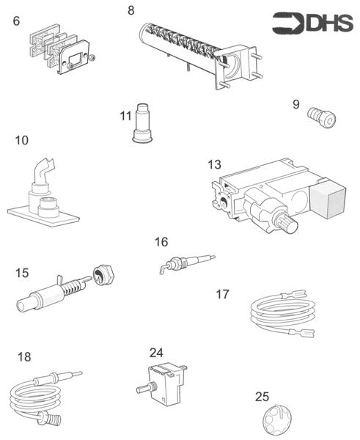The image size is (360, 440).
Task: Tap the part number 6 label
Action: [16, 21]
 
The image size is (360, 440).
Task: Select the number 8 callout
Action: [131, 10]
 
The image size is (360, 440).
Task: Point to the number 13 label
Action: [214, 165]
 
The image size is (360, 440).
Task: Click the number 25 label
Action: [262, 397]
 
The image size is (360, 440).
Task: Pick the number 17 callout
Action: [222, 294]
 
